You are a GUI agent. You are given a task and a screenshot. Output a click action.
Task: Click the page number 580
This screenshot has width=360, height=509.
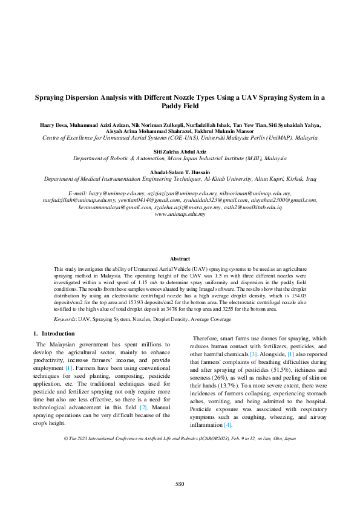(x=180, y=484)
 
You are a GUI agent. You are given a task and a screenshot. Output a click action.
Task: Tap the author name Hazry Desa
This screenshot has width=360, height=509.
(x=53, y=125)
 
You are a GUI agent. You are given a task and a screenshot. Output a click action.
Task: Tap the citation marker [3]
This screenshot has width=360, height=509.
(x=254, y=353)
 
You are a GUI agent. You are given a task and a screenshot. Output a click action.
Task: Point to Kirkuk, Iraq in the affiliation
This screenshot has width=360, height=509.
(x=299, y=180)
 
